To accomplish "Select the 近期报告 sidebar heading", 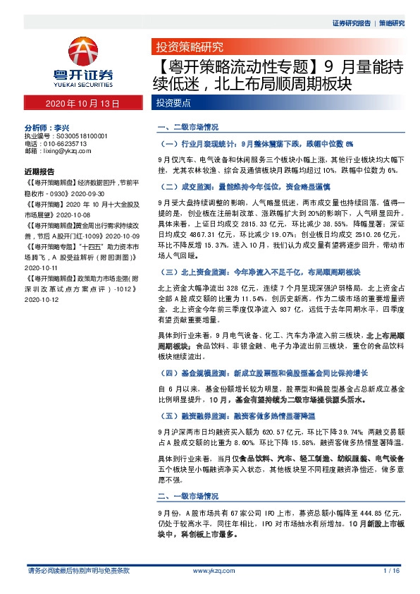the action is tap(39, 171).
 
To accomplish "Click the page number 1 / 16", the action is tap(392, 570).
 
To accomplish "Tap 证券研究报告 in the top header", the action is tap(351, 23).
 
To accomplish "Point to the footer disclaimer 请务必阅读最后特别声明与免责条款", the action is tap(78, 570).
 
